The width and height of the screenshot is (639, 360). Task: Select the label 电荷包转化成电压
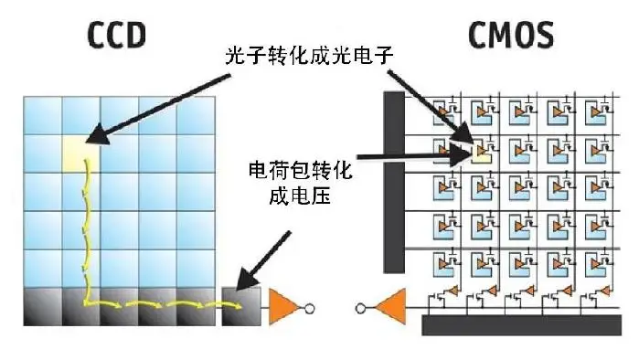[301, 183]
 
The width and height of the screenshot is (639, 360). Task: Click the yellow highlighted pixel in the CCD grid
[80, 152]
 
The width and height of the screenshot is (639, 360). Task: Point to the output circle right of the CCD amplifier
[310, 308]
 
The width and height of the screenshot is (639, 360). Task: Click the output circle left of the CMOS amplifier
[362, 308]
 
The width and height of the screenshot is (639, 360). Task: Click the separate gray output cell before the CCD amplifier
[241, 306]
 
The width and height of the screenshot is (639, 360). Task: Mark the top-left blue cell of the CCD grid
[42, 113]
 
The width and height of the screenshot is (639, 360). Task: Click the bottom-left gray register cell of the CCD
[42, 306]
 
